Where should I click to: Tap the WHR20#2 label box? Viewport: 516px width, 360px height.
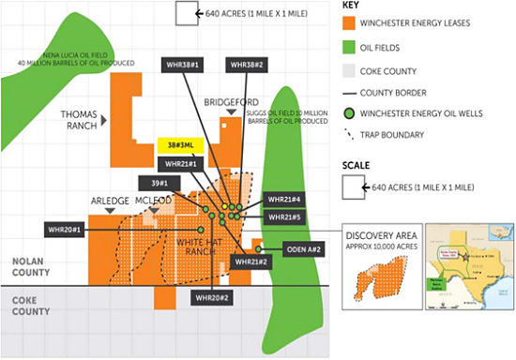click(213, 297)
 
